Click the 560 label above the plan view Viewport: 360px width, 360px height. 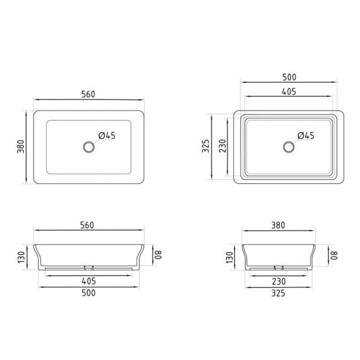(88, 94)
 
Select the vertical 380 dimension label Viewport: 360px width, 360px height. (21, 147)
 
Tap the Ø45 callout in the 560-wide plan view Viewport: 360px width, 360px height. (107, 135)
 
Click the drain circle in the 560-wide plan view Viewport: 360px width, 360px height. (89, 147)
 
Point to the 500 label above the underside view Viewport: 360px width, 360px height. (289, 77)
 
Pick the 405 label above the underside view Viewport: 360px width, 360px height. (289, 92)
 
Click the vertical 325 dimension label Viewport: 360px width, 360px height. (206, 146)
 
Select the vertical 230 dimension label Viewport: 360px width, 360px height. (223, 146)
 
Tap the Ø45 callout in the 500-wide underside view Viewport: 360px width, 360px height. (306, 135)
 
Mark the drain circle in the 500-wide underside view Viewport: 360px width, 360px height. (289, 147)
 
